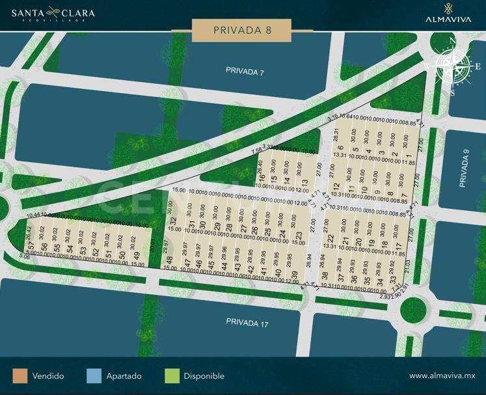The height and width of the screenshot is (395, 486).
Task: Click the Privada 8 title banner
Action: [242, 29]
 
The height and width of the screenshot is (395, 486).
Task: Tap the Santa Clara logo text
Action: [48, 13]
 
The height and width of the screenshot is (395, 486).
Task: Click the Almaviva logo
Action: [448, 14]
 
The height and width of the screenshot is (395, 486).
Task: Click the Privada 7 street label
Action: [245, 71]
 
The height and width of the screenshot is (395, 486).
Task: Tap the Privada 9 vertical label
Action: [463, 170]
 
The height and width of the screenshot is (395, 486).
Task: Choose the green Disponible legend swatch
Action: [172, 376]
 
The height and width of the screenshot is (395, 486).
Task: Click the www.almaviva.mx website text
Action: [442, 376]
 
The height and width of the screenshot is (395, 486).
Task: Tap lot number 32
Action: [174, 221]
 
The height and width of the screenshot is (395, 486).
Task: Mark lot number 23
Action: [299, 236]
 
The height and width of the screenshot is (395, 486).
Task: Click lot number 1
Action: [407, 158]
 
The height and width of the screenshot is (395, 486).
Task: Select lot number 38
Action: [325, 276]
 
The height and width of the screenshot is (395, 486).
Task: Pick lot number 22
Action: [331, 238]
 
